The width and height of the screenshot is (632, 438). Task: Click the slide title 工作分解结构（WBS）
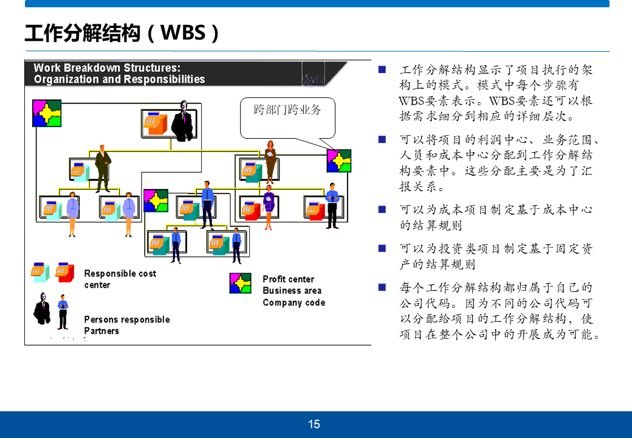[x=122, y=32]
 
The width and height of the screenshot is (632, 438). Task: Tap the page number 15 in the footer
[x=314, y=425]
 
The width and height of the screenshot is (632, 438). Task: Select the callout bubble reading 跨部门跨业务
[x=287, y=111]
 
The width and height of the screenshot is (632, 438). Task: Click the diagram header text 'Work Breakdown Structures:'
[x=107, y=68]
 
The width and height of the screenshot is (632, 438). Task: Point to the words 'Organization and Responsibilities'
[x=119, y=79]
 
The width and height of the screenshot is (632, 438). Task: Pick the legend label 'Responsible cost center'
[x=120, y=279]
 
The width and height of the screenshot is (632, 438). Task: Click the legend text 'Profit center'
[x=288, y=279]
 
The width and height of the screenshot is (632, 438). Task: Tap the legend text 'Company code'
[x=294, y=302]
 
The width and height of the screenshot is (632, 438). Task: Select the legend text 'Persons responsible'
[x=126, y=319]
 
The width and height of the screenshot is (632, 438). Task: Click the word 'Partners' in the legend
[x=101, y=331]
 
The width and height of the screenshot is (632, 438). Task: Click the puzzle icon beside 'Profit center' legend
[x=240, y=283]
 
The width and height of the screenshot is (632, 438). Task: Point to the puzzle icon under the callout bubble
[x=338, y=161]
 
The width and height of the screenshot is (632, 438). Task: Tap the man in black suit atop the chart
[x=183, y=119]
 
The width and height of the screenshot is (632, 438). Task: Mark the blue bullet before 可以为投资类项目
[x=382, y=248]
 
